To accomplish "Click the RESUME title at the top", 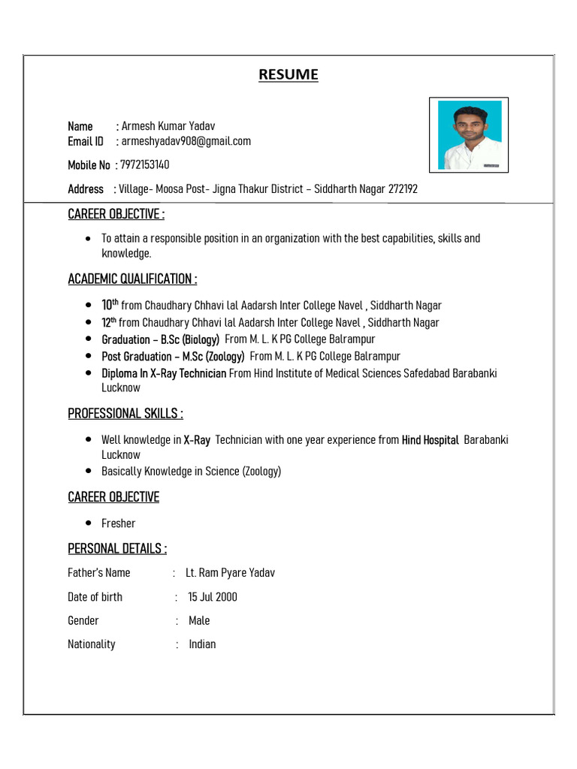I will pos(288,74).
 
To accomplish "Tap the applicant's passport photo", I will pos(469,134).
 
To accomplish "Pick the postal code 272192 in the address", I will pos(403,189).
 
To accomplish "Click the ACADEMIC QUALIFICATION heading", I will pos(132,279).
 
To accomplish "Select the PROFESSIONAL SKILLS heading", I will pos(125,414).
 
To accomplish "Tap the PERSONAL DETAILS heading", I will pos(117,549).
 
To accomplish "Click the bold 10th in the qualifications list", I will pos(110,305).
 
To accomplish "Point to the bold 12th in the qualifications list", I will pos(110,322).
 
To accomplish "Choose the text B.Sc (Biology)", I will pos(190,339).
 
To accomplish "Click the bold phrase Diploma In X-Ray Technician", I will pos(164,373).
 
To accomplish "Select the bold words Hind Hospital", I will pos(430,440).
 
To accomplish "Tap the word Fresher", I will pos(119,523).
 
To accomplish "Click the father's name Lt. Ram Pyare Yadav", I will pos(230,573).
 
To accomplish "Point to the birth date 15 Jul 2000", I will pos(213,597).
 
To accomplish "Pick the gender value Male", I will pos(199,621).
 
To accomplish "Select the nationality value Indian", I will pos(202,644).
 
